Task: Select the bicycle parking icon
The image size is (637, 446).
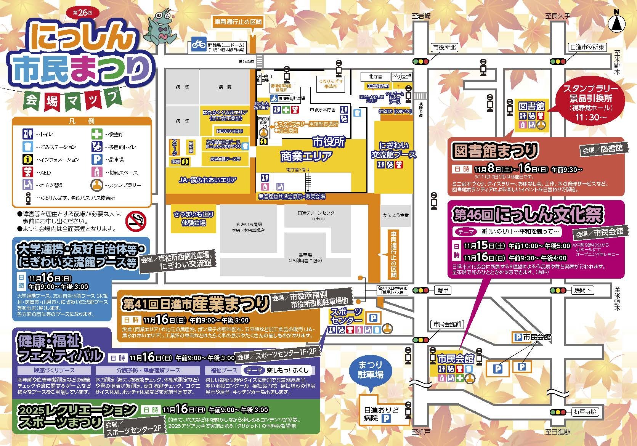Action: (x=198, y=44)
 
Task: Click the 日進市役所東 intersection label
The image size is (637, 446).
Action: (x=587, y=47)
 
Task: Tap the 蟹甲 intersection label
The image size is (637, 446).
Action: (x=443, y=290)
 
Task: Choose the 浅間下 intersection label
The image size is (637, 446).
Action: (x=582, y=290)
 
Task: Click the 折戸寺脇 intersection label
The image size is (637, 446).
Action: (x=586, y=412)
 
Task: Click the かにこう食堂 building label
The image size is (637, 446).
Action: (x=396, y=215)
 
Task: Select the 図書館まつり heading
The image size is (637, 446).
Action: (x=494, y=151)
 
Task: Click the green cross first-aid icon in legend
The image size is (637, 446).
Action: (x=96, y=134)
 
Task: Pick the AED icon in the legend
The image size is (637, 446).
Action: (x=28, y=172)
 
